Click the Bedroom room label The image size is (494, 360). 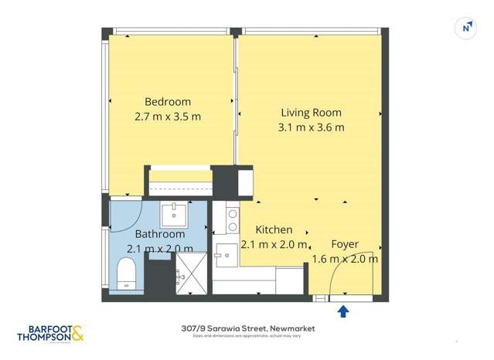tap(168, 102)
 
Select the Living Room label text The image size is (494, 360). tap(311, 113)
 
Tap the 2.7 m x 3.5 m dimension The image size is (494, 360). tap(168, 117)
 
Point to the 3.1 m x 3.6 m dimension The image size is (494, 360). tap(311, 127)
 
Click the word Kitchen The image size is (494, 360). tap(274, 229)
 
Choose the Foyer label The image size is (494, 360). tap(344, 244)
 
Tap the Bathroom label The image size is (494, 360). tap(160, 234)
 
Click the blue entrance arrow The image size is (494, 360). tap(343, 311)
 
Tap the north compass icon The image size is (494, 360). tap(466, 28)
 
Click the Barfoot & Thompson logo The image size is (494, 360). tap(50, 334)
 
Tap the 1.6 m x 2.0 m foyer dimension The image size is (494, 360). tap(344, 259)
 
